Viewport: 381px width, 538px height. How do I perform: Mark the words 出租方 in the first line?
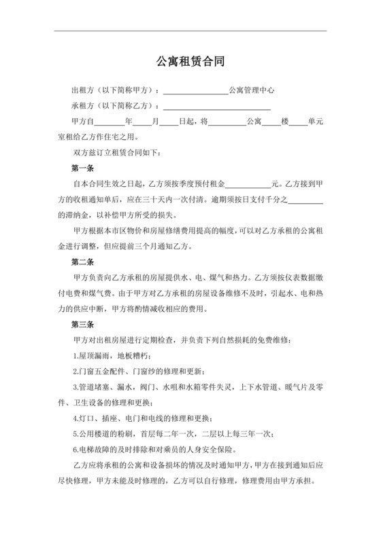click(x=83, y=90)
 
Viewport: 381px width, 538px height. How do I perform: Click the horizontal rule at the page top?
click(x=190, y=31)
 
